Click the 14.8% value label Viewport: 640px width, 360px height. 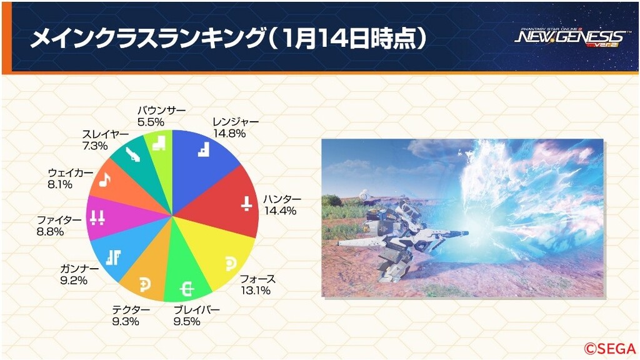click(229, 134)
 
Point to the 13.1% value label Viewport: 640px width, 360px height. click(255, 290)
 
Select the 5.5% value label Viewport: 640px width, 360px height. click(151, 122)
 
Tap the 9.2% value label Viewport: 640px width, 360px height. click(74, 281)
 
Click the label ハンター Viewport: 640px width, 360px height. click(282, 199)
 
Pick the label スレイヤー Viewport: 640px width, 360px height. click(105, 134)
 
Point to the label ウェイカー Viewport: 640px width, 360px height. click(71, 173)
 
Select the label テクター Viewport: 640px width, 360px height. click(131, 310)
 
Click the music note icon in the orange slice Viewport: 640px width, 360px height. click(105, 179)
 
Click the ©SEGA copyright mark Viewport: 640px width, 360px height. click(610, 348)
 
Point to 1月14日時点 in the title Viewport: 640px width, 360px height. click(348, 39)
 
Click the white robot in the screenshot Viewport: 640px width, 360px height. click(402, 237)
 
